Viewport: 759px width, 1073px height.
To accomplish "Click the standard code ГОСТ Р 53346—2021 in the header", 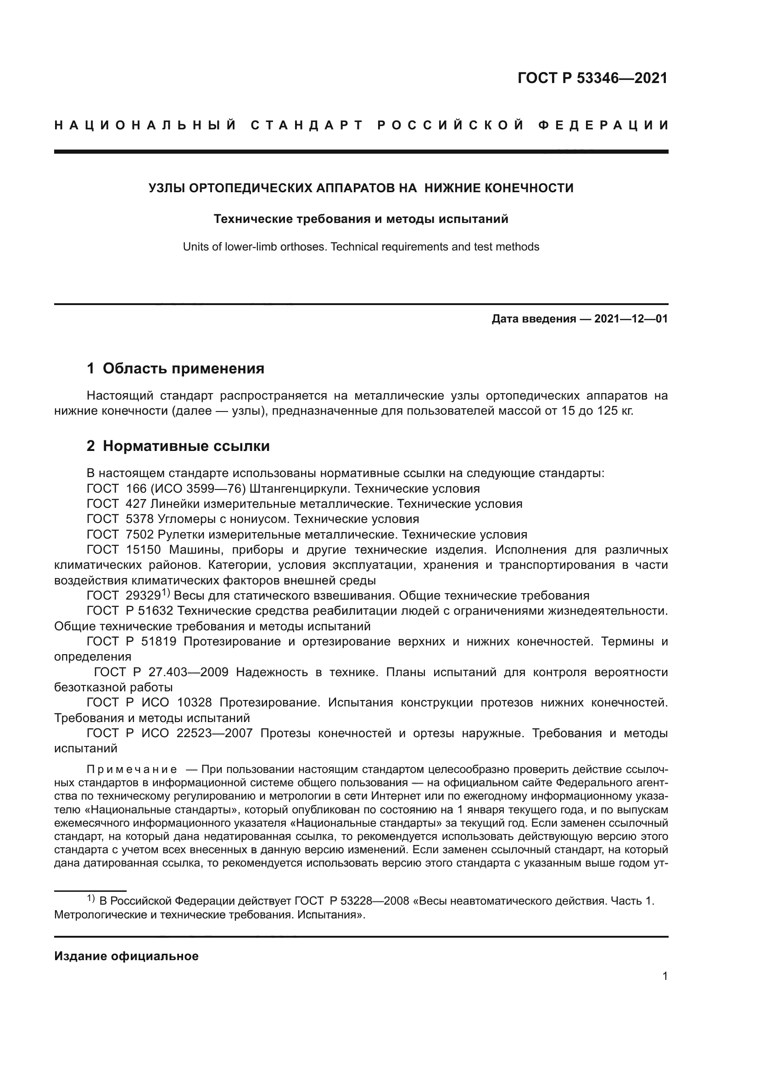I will [x=592, y=78].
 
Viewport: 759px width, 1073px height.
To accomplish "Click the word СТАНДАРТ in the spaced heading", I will [x=307, y=125].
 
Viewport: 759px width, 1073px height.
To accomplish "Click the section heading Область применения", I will [x=183, y=369].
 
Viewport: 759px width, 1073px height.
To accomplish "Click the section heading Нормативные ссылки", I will [x=186, y=446].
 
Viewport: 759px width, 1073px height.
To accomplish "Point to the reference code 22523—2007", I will [x=214, y=733].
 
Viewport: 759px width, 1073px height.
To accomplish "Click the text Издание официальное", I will [x=126, y=956].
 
